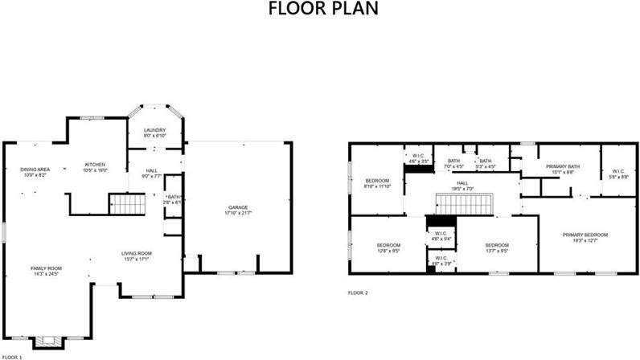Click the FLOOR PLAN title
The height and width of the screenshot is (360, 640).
click(320, 10)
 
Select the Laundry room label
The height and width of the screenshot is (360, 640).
click(154, 130)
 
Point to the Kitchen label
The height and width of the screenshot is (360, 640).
click(96, 164)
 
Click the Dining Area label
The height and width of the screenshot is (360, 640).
click(35, 169)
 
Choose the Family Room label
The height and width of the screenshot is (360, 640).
click(47, 268)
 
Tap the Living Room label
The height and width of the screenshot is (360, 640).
click(137, 253)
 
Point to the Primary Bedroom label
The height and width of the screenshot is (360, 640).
click(585, 234)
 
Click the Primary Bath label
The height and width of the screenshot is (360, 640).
click(561, 166)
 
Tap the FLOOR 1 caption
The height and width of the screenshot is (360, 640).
click(11, 356)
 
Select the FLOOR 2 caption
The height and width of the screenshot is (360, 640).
click(358, 292)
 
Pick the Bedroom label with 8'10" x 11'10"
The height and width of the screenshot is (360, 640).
click(377, 180)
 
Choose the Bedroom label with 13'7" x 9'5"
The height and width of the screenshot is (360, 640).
click(496, 244)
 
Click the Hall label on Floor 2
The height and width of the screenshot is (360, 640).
click(462, 183)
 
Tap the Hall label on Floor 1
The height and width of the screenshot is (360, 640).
click(152, 170)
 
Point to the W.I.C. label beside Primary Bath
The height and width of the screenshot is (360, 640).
click(617, 170)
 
